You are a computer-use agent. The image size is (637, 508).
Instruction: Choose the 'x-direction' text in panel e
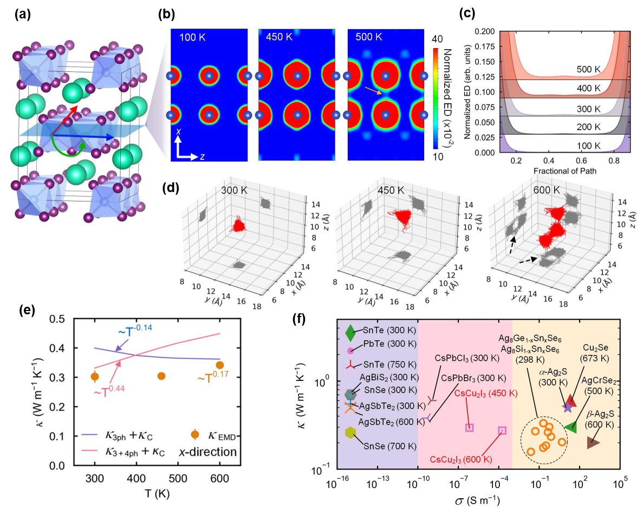[x=209, y=452]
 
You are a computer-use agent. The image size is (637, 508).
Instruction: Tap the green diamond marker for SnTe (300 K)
[x=350, y=330]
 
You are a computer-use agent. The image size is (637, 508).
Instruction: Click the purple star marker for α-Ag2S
[x=567, y=406]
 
